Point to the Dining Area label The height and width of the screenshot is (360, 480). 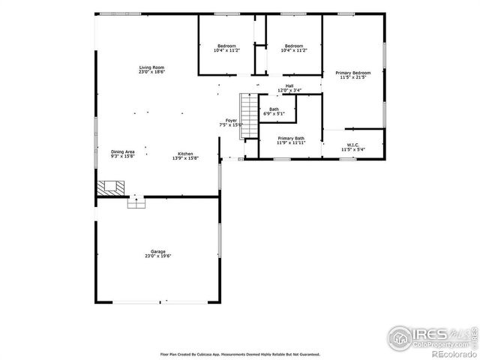[123, 152]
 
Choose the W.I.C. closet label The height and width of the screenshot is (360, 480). [352, 145]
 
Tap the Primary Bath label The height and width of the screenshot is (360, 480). [290, 138]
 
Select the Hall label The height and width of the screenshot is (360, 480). [289, 85]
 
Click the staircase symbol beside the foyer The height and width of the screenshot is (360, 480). [247, 109]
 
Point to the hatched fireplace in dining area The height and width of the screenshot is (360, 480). [110, 187]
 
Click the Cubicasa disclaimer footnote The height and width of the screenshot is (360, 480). [240, 353]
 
